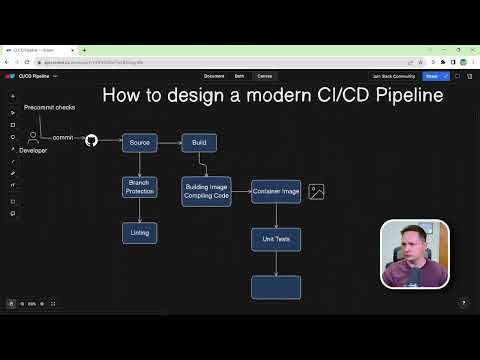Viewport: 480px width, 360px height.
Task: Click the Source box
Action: click(140, 142)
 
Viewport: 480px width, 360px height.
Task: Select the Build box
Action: click(199, 142)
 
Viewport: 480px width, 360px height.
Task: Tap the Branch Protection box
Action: click(140, 186)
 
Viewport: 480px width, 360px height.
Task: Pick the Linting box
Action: click(140, 232)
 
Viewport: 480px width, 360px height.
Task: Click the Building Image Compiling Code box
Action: click(207, 191)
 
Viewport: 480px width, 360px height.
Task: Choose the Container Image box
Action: click(276, 191)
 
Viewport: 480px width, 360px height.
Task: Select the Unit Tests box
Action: click(276, 239)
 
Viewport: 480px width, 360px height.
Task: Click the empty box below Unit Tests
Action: click(276, 287)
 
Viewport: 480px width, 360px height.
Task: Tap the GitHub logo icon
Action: click(91, 141)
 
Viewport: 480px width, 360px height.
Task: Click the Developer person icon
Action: click(33, 136)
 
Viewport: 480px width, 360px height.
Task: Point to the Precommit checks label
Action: click(50, 107)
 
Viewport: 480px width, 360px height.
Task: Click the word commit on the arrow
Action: click(63, 137)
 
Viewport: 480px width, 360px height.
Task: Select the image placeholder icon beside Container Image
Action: click(316, 191)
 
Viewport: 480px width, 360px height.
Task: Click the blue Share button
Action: click(432, 76)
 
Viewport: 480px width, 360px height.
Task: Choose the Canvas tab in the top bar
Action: click(265, 76)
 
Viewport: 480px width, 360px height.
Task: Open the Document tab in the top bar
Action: click(214, 76)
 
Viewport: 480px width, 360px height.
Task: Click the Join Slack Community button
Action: click(393, 76)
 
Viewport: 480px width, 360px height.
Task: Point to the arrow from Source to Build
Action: click(169, 142)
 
